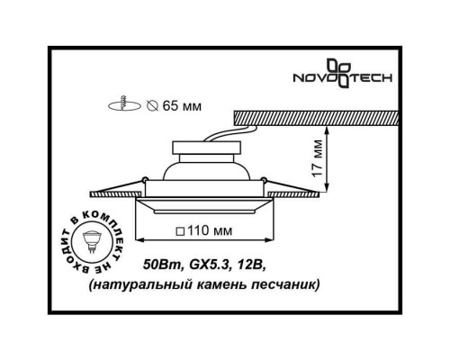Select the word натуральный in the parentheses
[x=188, y=284]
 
